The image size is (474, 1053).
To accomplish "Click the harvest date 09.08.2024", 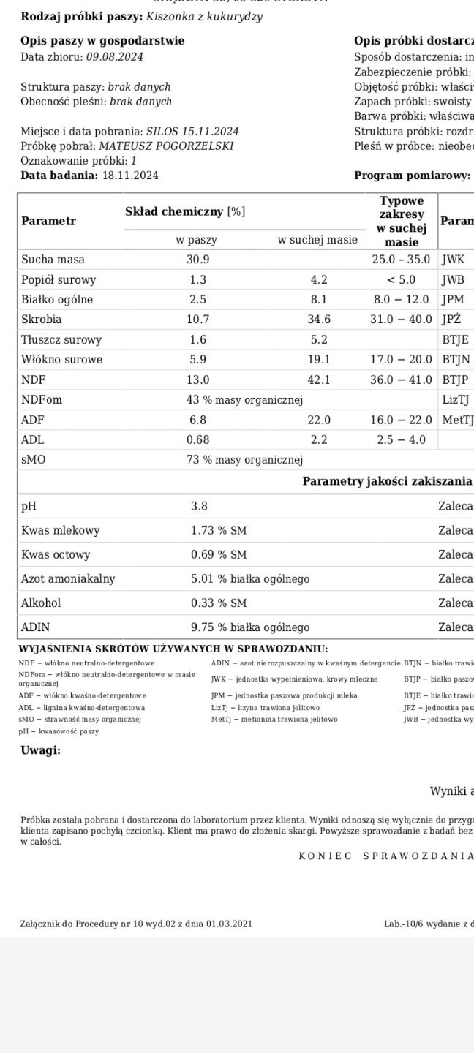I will [x=115, y=57].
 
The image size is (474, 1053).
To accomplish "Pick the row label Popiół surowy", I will [x=59, y=280].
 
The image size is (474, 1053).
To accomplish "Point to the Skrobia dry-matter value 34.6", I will [x=319, y=320].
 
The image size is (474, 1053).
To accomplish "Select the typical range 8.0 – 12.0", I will [x=402, y=300].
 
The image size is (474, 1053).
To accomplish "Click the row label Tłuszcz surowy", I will [x=61, y=340].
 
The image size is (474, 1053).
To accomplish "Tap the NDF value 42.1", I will [x=319, y=380].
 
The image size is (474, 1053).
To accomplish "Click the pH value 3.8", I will [x=199, y=505].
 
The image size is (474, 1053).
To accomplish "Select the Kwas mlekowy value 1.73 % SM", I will [x=219, y=530].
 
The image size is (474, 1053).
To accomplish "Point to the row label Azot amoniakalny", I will [x=68, y=579].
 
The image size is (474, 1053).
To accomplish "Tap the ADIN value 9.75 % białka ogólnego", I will [x=249, y=627].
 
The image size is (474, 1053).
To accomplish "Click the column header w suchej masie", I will [x=317, y=240].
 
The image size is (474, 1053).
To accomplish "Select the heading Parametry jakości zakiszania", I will [x=387, y=481].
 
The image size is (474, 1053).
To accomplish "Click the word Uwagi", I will [x=40, y=750].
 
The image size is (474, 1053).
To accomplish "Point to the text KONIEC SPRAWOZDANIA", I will [x=385, y=856].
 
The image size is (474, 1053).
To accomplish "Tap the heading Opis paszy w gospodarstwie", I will [x=102, y=41].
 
